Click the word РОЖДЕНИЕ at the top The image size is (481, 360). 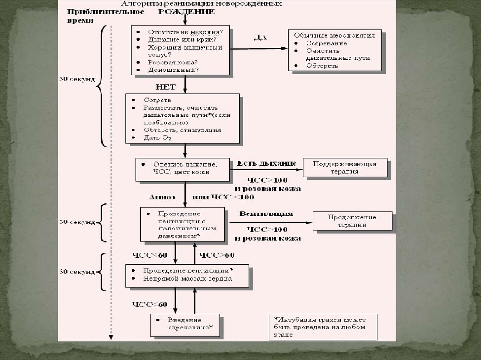click(x=187, y=11)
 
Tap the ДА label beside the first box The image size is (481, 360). click(x=260, y=38)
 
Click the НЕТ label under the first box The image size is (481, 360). click(x=165, y=87)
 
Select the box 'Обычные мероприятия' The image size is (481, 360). click(x=334, y=50)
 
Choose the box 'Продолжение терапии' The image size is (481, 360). click(x=352, y=221)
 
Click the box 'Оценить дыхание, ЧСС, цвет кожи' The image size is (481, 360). click(x=183, y=169)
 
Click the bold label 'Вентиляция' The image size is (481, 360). click(x=266, y=214)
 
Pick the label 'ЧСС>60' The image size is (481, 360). click(x=217, y=255)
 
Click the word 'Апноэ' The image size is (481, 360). click(x=162, y=197)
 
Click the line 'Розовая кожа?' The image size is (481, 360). click(x=173, y=62)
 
